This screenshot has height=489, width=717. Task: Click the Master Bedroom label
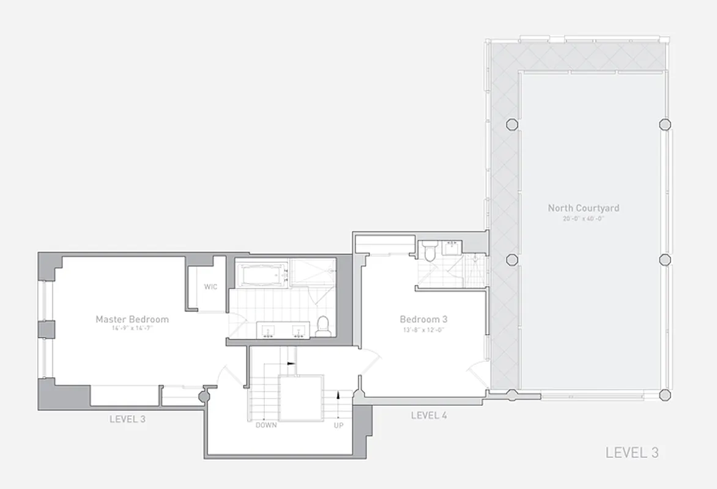132,319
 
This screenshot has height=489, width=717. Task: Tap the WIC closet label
211,287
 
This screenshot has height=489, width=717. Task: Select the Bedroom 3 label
423,319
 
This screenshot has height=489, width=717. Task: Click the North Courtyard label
583,208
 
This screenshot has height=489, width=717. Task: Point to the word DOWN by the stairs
266,425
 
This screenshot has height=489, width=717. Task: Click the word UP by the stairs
338,425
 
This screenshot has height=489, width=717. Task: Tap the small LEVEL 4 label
429,416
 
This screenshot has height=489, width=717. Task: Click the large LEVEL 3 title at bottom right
632,453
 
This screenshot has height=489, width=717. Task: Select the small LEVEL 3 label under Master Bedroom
127,419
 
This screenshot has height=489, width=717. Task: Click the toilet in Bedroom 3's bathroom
429,251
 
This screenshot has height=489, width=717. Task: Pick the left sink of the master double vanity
268,330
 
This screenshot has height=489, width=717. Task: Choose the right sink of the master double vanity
299,330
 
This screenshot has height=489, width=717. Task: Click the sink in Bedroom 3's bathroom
453,247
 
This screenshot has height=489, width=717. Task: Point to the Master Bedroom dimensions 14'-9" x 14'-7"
132,328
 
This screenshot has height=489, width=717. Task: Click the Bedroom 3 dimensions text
423,328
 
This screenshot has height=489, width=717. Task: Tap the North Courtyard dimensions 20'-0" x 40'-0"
583,218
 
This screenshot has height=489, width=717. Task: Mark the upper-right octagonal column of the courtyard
664,124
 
